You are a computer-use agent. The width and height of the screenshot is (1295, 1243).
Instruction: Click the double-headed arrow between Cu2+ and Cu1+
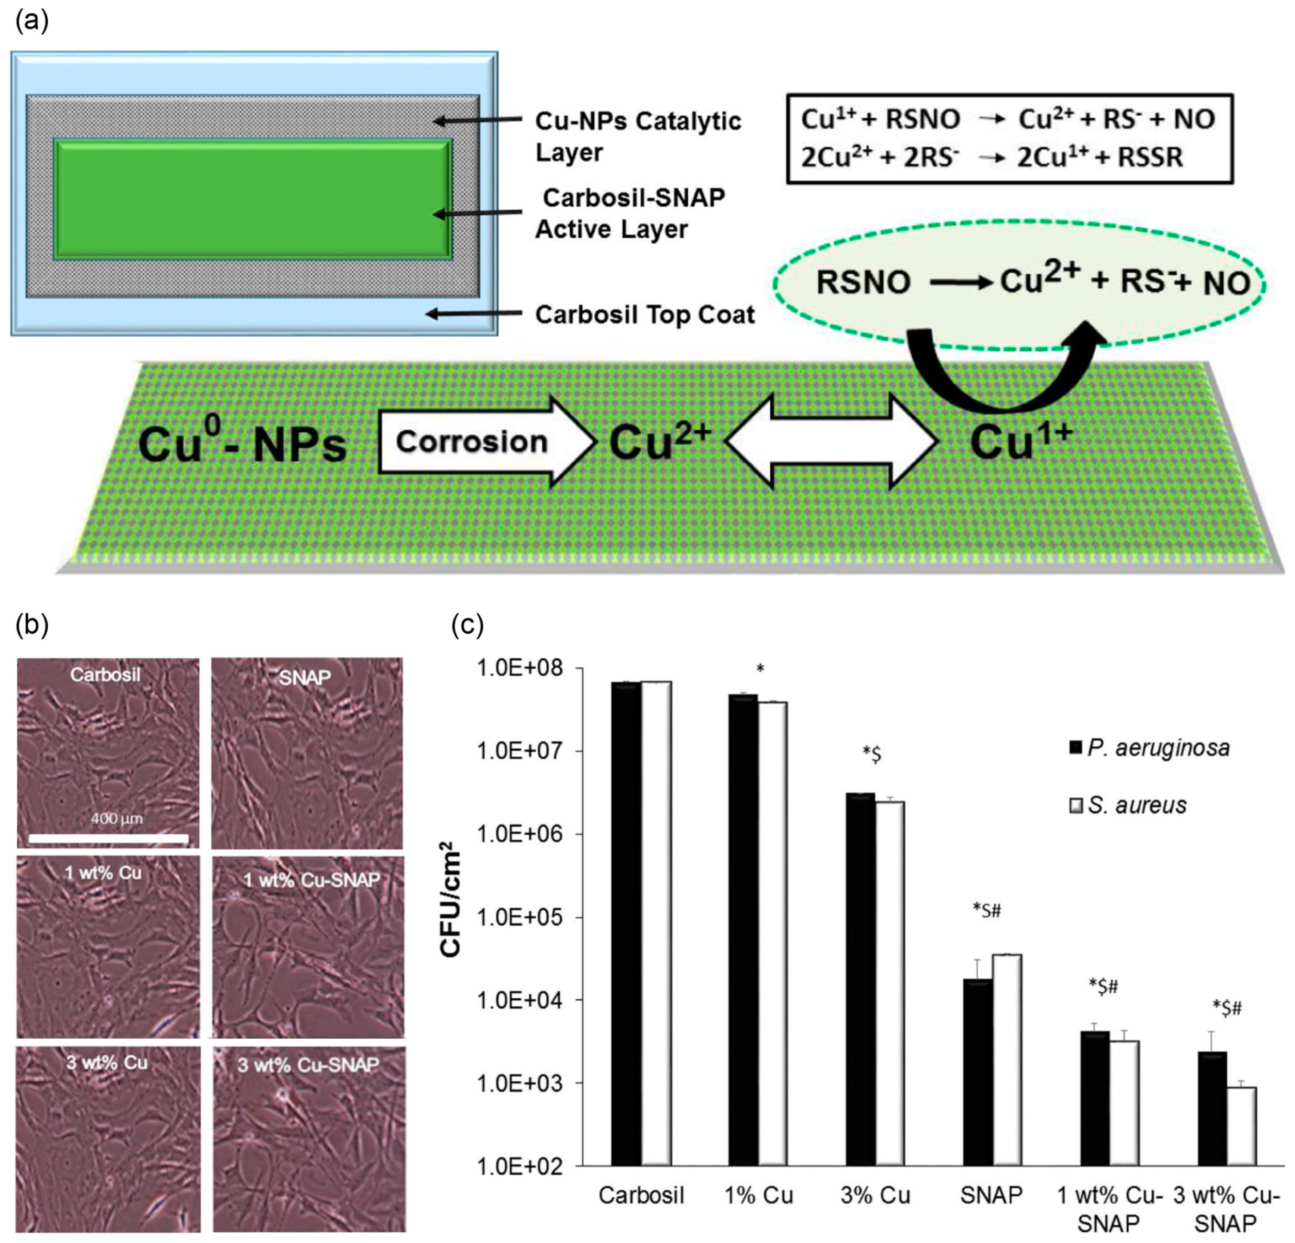click(x=832, y=441)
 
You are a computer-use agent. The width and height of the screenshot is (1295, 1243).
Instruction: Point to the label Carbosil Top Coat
click(x=644, y=314)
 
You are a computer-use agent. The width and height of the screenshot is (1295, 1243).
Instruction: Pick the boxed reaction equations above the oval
click(x=1008, y=138)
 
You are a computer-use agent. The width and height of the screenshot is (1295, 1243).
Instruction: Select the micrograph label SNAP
click(x=305, y=677)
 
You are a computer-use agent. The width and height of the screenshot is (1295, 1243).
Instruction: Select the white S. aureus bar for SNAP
click(x=1007, y=1060)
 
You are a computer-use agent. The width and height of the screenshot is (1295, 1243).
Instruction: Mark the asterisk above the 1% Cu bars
click(x=761, y=669)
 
